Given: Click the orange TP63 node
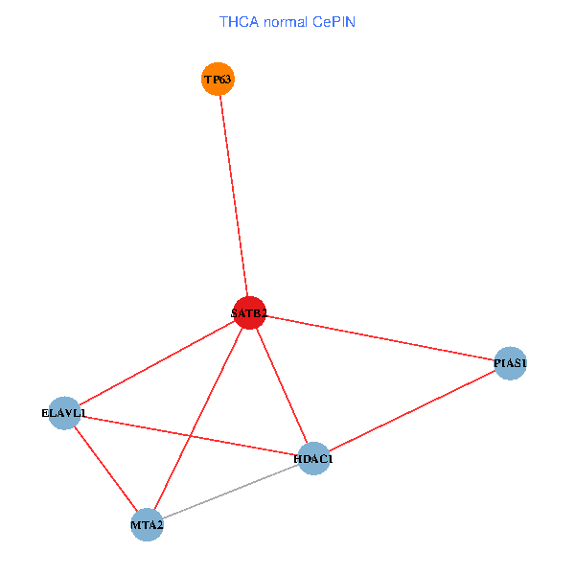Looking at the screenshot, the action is (x=218, y=79).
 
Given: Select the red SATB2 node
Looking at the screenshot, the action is (x=249, y=312).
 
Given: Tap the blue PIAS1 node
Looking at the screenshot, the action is (x=510, y=363).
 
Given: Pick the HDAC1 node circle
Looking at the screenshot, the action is (x=314, y=459).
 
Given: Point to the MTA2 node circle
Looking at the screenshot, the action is (x=147, y=524).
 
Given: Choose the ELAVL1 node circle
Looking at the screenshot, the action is (x=63, y=413).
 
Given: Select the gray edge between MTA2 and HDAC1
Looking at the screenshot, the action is (x=230, y=492).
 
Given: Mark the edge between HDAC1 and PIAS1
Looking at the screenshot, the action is (x=412, y=411).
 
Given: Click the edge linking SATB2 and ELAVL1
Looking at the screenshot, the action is (x=156, y=363).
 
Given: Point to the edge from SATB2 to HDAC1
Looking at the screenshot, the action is (x=282, y=385).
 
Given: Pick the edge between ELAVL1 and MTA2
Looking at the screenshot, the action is (x=104, y=469).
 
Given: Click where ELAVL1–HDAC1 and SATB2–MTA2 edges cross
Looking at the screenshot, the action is (x=191, y=436).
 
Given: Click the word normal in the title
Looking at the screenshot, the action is (x=286, y=20).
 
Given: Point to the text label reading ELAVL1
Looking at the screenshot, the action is (x=63, y=413).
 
